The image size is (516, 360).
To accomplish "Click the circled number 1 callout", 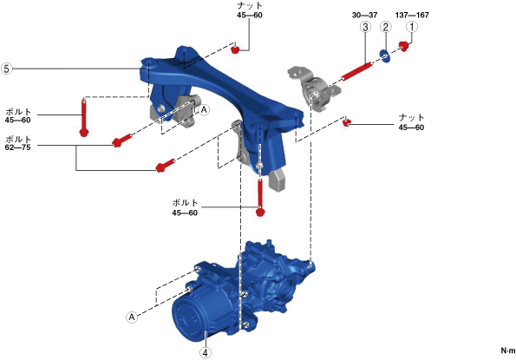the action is point(412,27).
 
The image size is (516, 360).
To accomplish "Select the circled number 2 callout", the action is point(386,27).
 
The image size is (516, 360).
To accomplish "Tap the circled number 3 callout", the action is point(365,27).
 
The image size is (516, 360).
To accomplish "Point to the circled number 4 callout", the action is point(206,353).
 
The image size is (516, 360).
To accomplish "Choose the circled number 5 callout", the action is point(6,69).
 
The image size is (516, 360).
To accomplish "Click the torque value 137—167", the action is point(412,15).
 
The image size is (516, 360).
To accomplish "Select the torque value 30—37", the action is point(364,15).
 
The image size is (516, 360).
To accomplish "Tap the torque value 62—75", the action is point(17,147).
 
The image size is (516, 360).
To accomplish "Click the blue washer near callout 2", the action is point(385,56).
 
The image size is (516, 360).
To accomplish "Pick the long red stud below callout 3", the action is point(357,71).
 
